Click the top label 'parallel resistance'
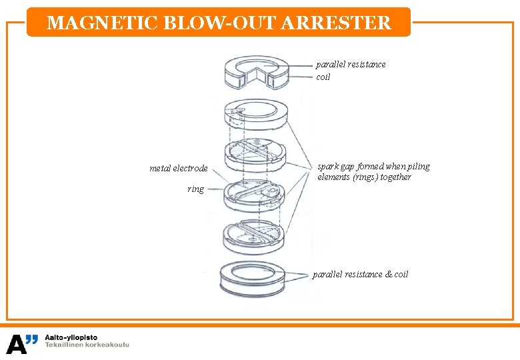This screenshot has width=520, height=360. point(351,65)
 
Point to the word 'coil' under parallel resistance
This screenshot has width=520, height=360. point(323,77)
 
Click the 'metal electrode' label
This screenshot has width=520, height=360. point(178,168)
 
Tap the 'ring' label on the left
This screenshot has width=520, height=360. point(195,189)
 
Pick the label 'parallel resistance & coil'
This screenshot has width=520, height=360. point(360,274)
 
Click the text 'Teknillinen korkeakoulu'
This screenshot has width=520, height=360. point(87,345)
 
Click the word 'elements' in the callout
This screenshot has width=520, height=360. point(334,177)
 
